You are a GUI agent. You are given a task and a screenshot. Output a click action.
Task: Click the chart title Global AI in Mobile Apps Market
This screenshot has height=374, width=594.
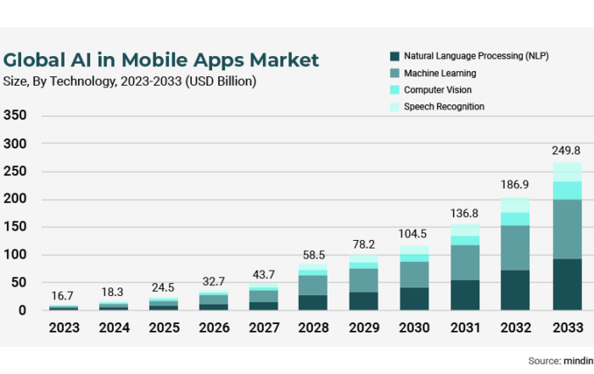[x=161, y=60]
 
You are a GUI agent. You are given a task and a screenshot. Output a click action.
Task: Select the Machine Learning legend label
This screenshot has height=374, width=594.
[x=440, y=73]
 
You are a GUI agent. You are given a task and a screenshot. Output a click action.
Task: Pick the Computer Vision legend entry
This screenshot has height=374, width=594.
[x=438, y=90]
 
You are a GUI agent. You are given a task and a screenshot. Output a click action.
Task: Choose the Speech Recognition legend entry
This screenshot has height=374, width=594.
[x=444, y=107]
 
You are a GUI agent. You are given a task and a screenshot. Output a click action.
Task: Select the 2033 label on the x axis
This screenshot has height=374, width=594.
[x=567, y=328]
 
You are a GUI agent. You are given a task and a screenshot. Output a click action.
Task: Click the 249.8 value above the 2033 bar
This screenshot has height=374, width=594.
[x=567, y=150]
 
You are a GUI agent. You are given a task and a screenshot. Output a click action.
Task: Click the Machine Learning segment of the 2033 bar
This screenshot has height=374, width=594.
[x=568, y=229]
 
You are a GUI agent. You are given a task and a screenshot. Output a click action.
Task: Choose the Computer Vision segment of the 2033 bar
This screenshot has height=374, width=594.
[x=568, y=190]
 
